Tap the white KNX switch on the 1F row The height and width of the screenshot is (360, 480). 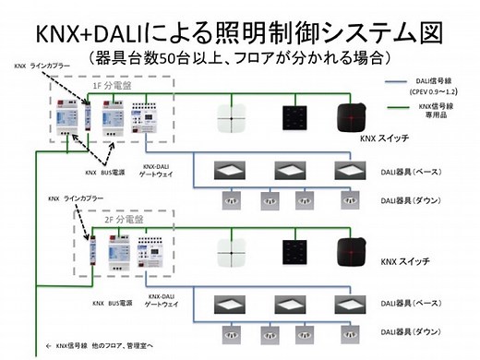tap(228, 118)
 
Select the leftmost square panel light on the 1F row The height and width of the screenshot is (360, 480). tap(228, 171)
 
